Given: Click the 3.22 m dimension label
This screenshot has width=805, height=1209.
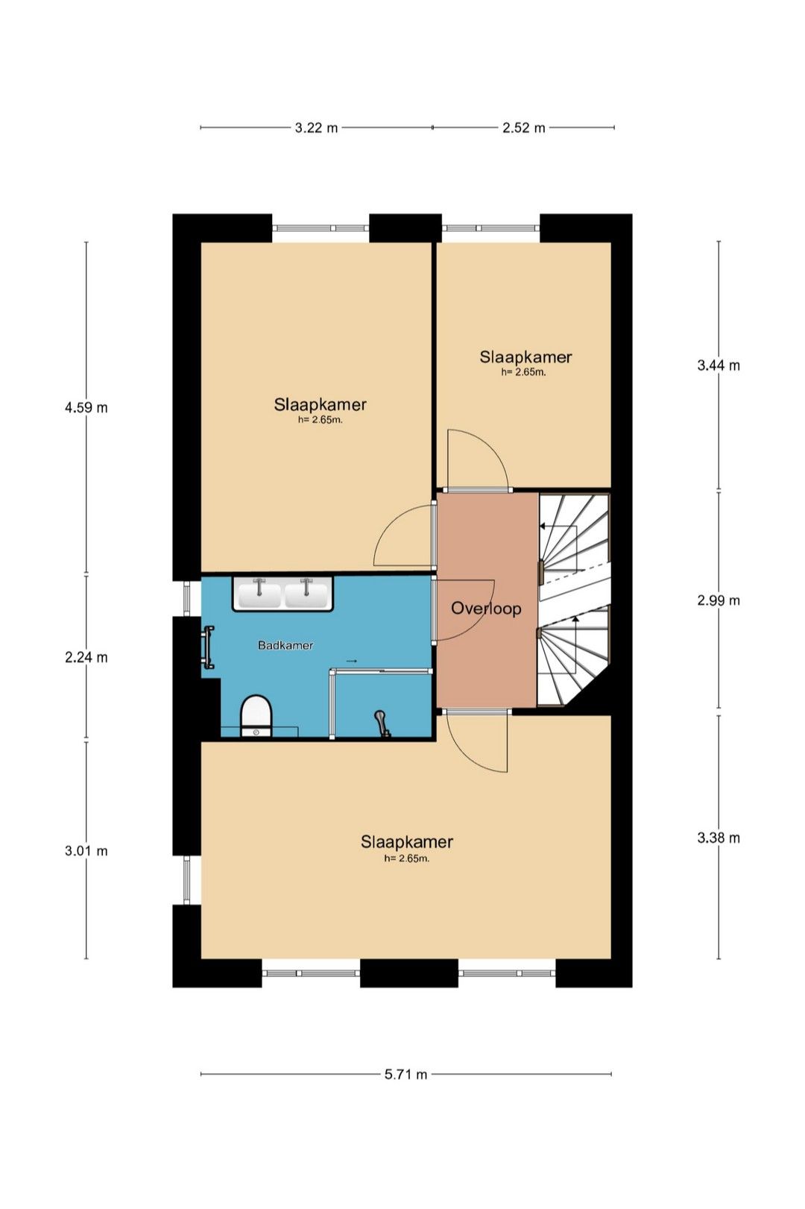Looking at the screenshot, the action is (x=316, y=128).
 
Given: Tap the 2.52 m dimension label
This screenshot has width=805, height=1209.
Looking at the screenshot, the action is (x=524, y=128).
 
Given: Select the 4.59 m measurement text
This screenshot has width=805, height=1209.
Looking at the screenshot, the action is (x=86, y=407).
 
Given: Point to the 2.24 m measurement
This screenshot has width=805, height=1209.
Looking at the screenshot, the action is (x=86, y=657).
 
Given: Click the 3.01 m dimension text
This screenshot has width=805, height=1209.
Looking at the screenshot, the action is (x=86, y=851).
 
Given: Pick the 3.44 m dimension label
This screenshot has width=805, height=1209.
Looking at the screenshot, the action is (x=719, y=365).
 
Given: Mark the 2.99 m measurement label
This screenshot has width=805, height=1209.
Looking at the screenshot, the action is (x=719, y=600).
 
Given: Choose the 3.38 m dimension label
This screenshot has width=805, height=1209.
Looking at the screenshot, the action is (x=719, y=838).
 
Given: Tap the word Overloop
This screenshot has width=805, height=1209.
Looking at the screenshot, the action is (x=486, y=609).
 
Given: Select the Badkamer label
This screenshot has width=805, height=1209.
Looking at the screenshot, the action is (x=285, y=645).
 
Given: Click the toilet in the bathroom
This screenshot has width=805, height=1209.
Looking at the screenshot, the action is (x=255, y=716).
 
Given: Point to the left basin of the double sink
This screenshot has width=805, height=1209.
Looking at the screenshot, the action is (x=259, y=594).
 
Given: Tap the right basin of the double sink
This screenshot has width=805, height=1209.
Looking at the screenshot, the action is (x=306, y=594).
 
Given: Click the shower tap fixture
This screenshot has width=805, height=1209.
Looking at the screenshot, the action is (x=382, y=723).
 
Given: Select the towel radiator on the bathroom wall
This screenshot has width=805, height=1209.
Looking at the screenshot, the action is (x=208, y=647).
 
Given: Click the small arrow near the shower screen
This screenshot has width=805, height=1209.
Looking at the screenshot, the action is (x=351, y=661).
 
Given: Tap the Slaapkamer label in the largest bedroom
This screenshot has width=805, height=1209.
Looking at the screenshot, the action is (x=407, y=842).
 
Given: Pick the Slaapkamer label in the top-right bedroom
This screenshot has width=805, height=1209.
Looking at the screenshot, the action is (x=526, y=357).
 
